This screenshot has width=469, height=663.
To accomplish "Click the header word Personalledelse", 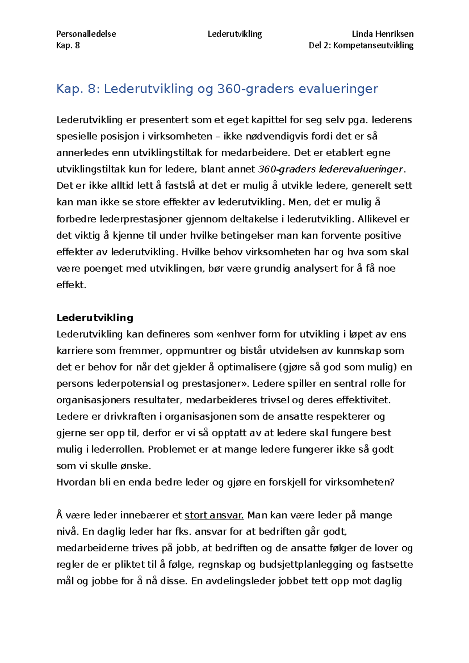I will tap(86, 34).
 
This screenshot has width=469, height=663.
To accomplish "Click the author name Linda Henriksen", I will tap(382, 34).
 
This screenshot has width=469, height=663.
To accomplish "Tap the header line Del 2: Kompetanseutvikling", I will tap(361, 45).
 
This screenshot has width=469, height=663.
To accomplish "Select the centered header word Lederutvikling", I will tap(234, 34).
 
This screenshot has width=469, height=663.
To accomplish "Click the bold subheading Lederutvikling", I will tap(95, 317).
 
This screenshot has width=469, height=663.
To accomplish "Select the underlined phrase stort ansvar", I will tap(214, 515).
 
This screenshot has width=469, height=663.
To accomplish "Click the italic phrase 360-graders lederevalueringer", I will tap(330, 169).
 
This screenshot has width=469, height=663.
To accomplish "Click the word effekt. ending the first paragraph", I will tap(71, 285).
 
